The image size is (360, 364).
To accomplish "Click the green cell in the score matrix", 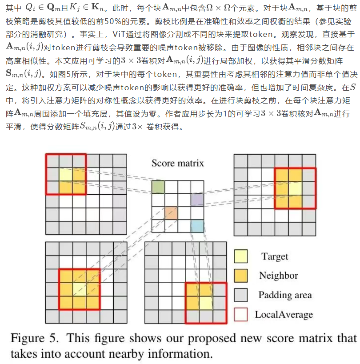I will [x=158, y=187].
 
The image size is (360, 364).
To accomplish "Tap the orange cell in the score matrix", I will [x=171, y=213].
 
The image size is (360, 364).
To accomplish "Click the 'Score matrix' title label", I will [x=178, y=163].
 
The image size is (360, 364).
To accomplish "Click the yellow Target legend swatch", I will [x=240, y=256].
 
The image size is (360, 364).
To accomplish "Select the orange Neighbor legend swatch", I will [x=240, y=276].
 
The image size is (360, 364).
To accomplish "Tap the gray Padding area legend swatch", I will [x=240, y=295].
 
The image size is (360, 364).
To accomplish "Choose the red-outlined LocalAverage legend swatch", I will [x=240, y=314].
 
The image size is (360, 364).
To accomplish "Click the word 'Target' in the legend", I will [x=275, y=256].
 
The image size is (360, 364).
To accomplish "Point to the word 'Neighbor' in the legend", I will [x=279, y=276].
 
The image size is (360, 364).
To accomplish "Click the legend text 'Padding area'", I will [x=285, y=295].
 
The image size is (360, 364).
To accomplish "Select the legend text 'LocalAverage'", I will [x=284, y=315].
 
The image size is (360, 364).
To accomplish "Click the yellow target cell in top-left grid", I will [x=65, y=175].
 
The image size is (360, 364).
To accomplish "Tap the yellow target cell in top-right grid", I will [x=295, y=189].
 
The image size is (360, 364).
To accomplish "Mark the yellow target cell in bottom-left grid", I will [x=79, y=289].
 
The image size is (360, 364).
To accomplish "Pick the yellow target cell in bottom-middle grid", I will [x=206, y=303].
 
